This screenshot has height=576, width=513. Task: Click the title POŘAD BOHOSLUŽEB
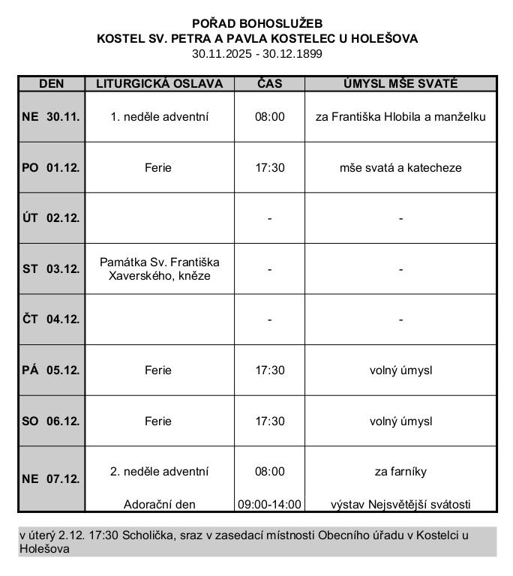[x=257, y=23]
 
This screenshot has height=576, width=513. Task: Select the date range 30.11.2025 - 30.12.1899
[x=257, y=53]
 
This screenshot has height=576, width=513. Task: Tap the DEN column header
[x=51, y=83]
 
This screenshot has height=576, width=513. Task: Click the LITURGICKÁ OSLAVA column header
[x=159, y=83]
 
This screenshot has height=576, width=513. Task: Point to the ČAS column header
[x=269, y=83]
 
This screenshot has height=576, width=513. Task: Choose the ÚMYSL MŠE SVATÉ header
[x=400, y=83]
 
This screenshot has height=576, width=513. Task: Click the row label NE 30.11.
[x=51, y=117]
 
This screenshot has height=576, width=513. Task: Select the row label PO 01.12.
[x=51, y=168]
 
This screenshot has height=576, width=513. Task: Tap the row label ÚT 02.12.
[x=51, y=218]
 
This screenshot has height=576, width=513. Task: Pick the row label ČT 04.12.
[x=51, y=319]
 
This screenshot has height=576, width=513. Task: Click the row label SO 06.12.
[x=51, y=421]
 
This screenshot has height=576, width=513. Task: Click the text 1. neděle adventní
[x=159, y=117]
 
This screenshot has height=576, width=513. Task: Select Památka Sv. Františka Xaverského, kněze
[x=159, y=268]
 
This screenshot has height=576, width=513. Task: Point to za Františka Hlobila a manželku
[x=400, y=117]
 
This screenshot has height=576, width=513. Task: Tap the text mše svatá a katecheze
[x=400, y=168]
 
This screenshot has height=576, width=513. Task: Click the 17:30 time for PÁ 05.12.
[x=269, y=370]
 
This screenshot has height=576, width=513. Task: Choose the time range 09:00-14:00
[x=269, y=505]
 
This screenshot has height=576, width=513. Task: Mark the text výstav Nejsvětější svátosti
[x=400, y=505]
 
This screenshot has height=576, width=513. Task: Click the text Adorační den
[x=159, y=505]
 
